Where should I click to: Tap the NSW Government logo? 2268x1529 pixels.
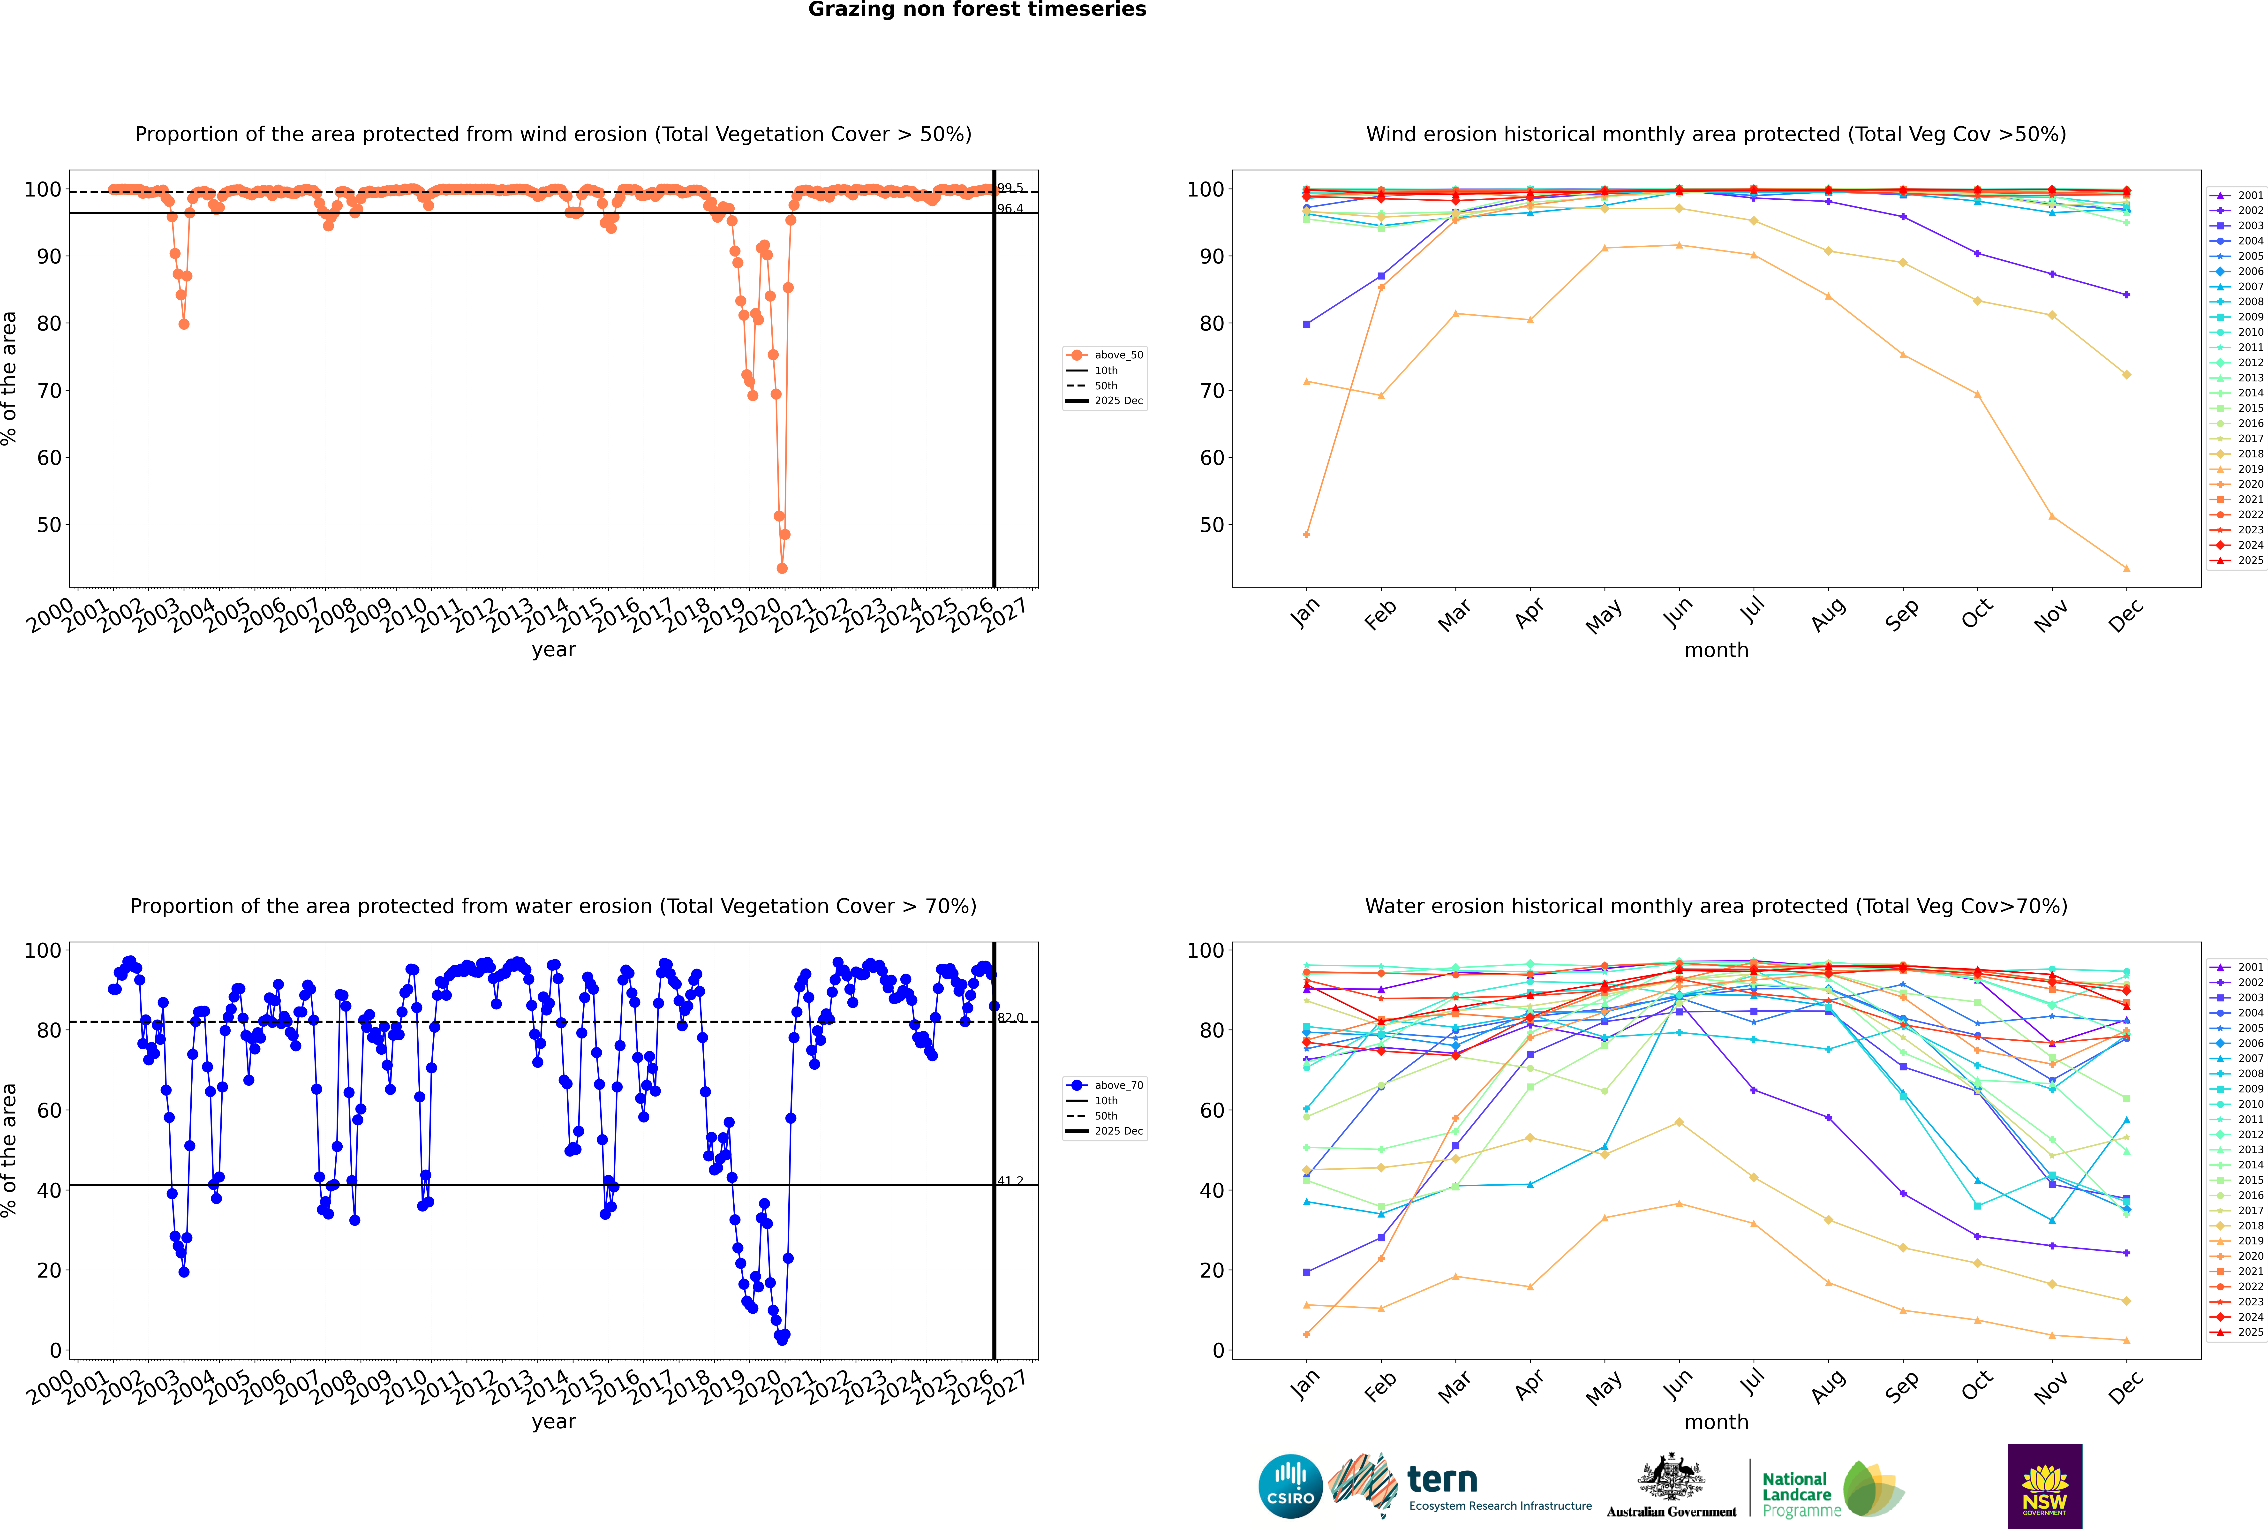(x=2045, y=1485)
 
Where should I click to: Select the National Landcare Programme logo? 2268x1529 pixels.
(x=1831, y=1489)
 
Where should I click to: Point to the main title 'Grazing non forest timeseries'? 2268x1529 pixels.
(x=977, y=10)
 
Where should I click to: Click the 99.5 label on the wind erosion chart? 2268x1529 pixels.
(x=1010, y=188)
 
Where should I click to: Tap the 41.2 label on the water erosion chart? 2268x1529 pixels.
(x=1010, y=1181)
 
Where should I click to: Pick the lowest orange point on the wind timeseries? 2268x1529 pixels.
(x=782, y=568)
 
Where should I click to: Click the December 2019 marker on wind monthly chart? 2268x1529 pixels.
(x=2127, y=568)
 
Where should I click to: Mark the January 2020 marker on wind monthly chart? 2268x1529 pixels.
(x=1307, y=534)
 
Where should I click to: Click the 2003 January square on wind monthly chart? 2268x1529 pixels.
(x=1307, y=324)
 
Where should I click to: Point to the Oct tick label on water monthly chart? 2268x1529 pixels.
(x=1977, y=1385)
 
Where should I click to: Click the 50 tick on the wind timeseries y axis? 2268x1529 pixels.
(x=49, y=525)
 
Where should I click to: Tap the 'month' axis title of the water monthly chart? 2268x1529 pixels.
(x=1716, y=1422)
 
